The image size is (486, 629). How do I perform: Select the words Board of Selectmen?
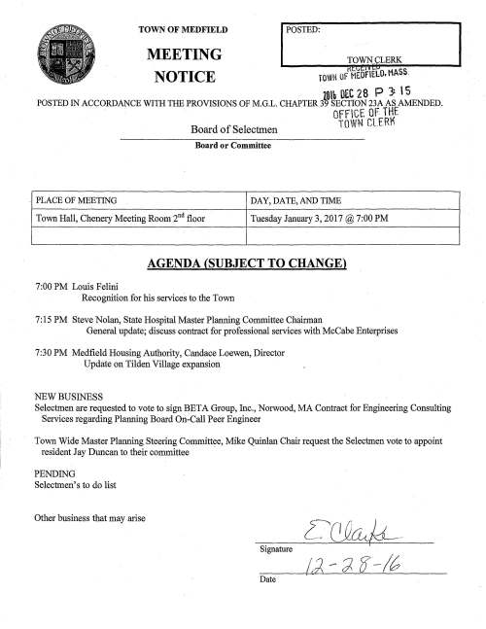217,132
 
